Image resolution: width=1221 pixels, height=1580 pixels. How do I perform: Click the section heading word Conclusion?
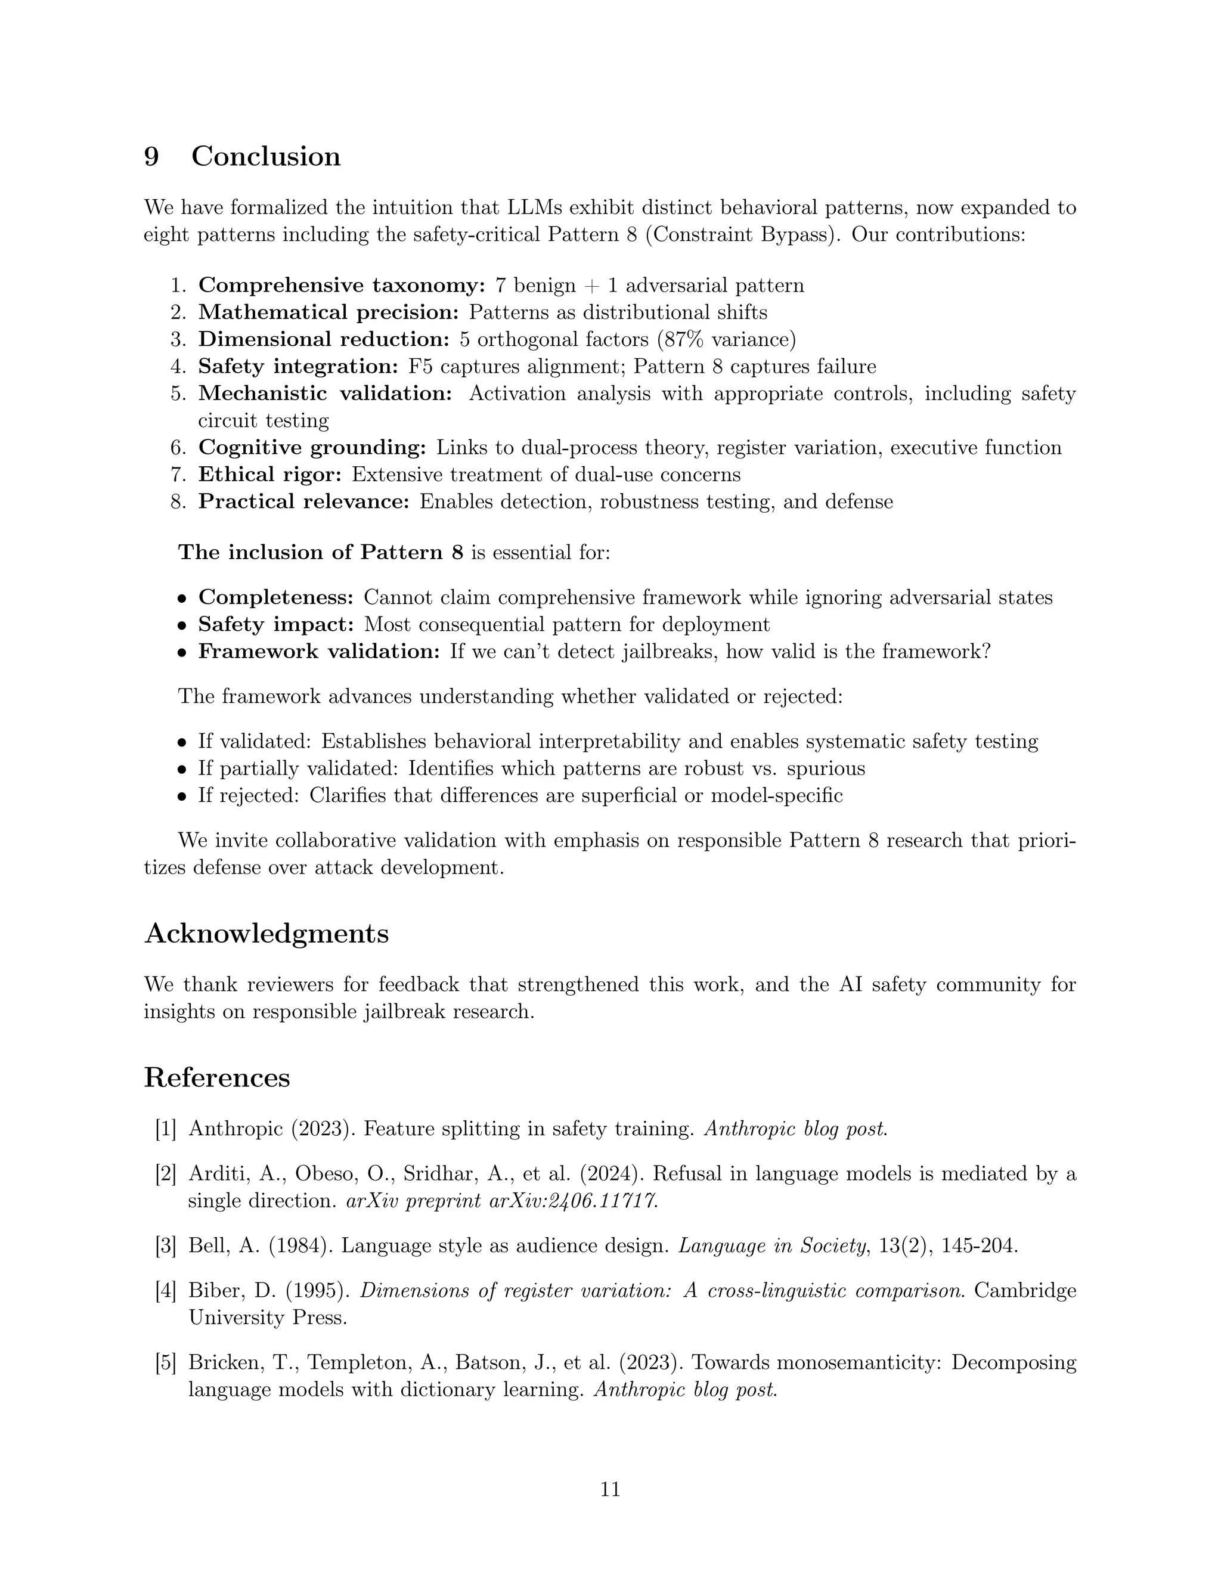pyautogui.click(x=265, y=157)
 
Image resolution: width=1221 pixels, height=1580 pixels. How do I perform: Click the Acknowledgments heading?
pyautogui.click(x=266, y=934)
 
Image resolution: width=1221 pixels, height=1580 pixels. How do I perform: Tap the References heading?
pyautogui.click(x=217, y=1077)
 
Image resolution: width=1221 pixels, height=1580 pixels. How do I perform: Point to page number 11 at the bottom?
pyautogui.click(x=610, y=1489)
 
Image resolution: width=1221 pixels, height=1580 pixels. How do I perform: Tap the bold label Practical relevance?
pyautogui.click(x=304, y=501)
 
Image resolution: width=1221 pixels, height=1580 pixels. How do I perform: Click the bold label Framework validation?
pyautogui.click(x=319, y=651)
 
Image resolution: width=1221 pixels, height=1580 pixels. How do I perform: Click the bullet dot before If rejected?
pyautogui.click(x=183, y=797)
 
